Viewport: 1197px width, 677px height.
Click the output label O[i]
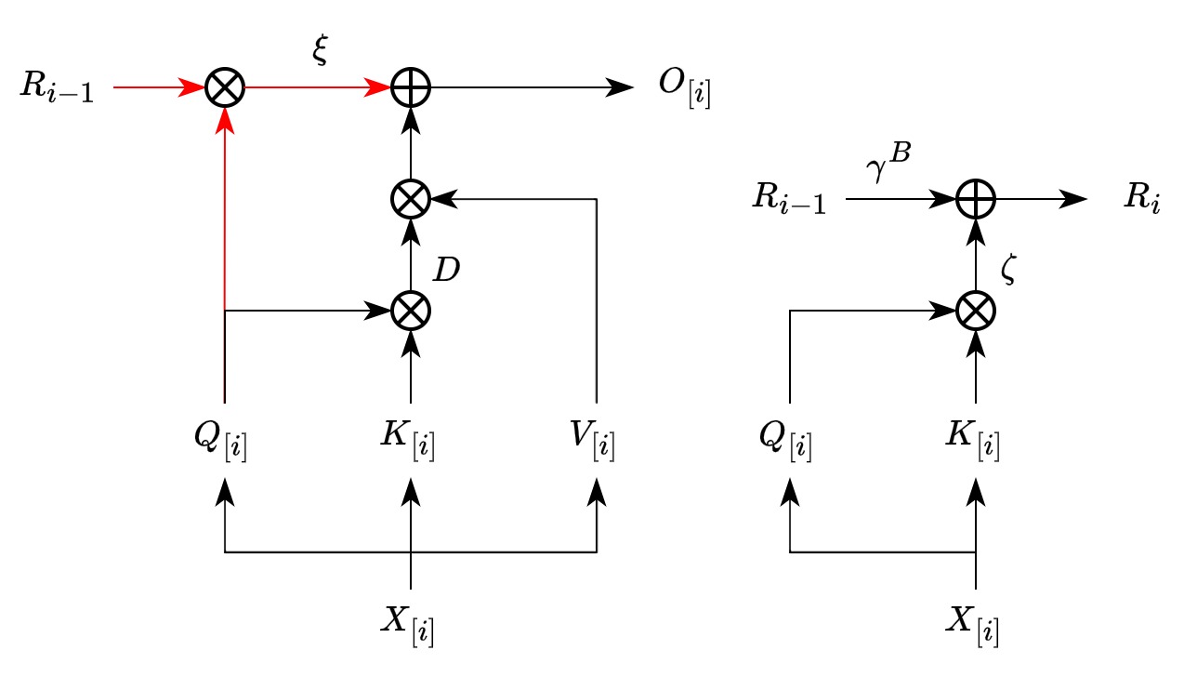tap(683, 91)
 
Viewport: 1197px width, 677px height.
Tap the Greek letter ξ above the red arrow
tap(321, 53)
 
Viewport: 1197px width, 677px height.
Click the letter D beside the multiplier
tap(447, 271)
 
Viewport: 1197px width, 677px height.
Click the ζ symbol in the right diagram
tap(1009, 270)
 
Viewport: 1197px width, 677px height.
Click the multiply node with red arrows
tap(224, 88)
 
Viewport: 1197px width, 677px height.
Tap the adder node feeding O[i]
tap(410, 88)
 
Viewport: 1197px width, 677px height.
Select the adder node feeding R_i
tap(976, 199)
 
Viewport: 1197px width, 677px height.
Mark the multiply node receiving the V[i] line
tap(410, 199)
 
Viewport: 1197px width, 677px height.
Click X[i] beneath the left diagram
tap(409, 626)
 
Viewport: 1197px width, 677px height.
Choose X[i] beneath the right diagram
tap(974, 626)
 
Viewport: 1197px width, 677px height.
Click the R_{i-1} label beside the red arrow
tap(57, 90)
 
